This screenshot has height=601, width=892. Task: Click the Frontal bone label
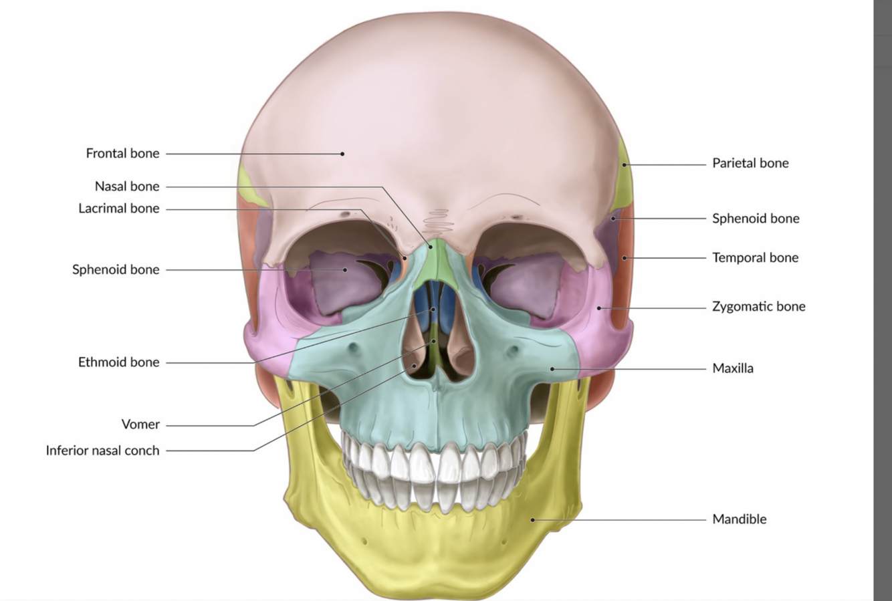click(x=122, y=153)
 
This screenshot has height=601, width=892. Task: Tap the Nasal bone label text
click(x=127, y=186)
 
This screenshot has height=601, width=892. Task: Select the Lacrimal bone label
click(x=119, y=208)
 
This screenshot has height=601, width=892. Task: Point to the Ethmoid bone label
click(x=119, y=362)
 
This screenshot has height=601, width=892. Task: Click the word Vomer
click(x=140, y=424)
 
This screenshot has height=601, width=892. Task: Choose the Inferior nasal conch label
click(x=102, y=450)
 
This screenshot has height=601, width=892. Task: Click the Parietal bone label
click(x=750, y=162)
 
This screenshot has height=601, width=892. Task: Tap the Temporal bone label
click(x=755, y=257)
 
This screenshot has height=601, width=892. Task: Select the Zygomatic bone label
click(x=758, y=306)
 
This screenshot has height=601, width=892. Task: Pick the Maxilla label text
click(x=732, y=368)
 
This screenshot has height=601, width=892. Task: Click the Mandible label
click(x=739, y=519)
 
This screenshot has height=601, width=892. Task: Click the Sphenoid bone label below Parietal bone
click(x=756, y=218)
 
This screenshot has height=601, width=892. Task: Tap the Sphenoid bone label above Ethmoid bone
click(x=116, y=269)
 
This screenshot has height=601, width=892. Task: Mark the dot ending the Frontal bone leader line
click(x=342, y=154)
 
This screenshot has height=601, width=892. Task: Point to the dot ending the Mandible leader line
click(x=533, y=519)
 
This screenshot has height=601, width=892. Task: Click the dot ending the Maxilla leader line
click(x=552, y=368)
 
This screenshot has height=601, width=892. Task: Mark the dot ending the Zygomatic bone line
click(x=599, y=308)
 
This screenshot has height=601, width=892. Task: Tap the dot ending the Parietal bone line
click(x=624, y=164)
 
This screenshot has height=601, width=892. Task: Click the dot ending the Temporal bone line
click(x=624, y=258)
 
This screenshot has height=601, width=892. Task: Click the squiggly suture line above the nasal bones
click(x=438, y=220)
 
